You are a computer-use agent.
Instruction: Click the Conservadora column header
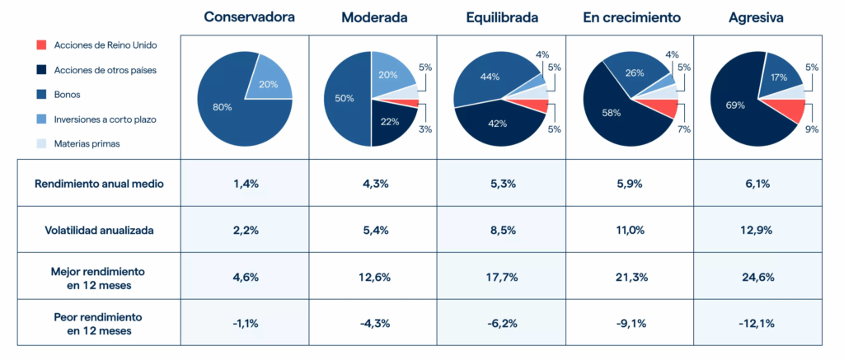click(244, 16)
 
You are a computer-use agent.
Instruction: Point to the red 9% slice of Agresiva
click(790, 110)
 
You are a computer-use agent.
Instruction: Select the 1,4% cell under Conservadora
click(244, 184)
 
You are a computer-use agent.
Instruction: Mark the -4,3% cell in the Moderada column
click(373, 323)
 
